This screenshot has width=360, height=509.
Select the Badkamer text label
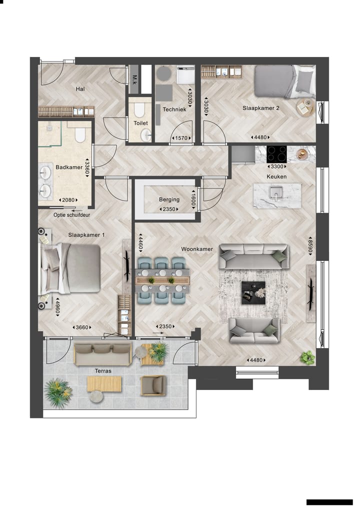click(x=69, y=167)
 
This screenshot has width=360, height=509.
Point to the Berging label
click(x=169, y=199)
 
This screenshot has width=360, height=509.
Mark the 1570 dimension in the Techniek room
click(x=181, y=138)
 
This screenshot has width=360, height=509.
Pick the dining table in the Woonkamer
click(x=162, y=280)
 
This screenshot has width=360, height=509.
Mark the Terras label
click(x=103, y=371)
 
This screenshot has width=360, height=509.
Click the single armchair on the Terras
click(x=153, y=385)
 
